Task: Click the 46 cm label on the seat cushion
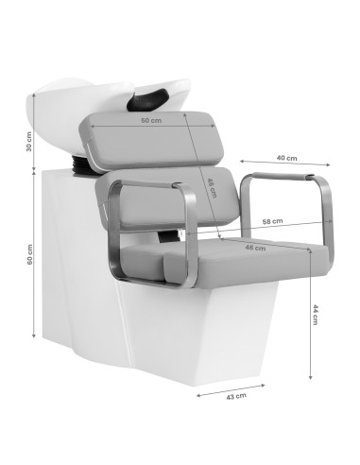(254, 248)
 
